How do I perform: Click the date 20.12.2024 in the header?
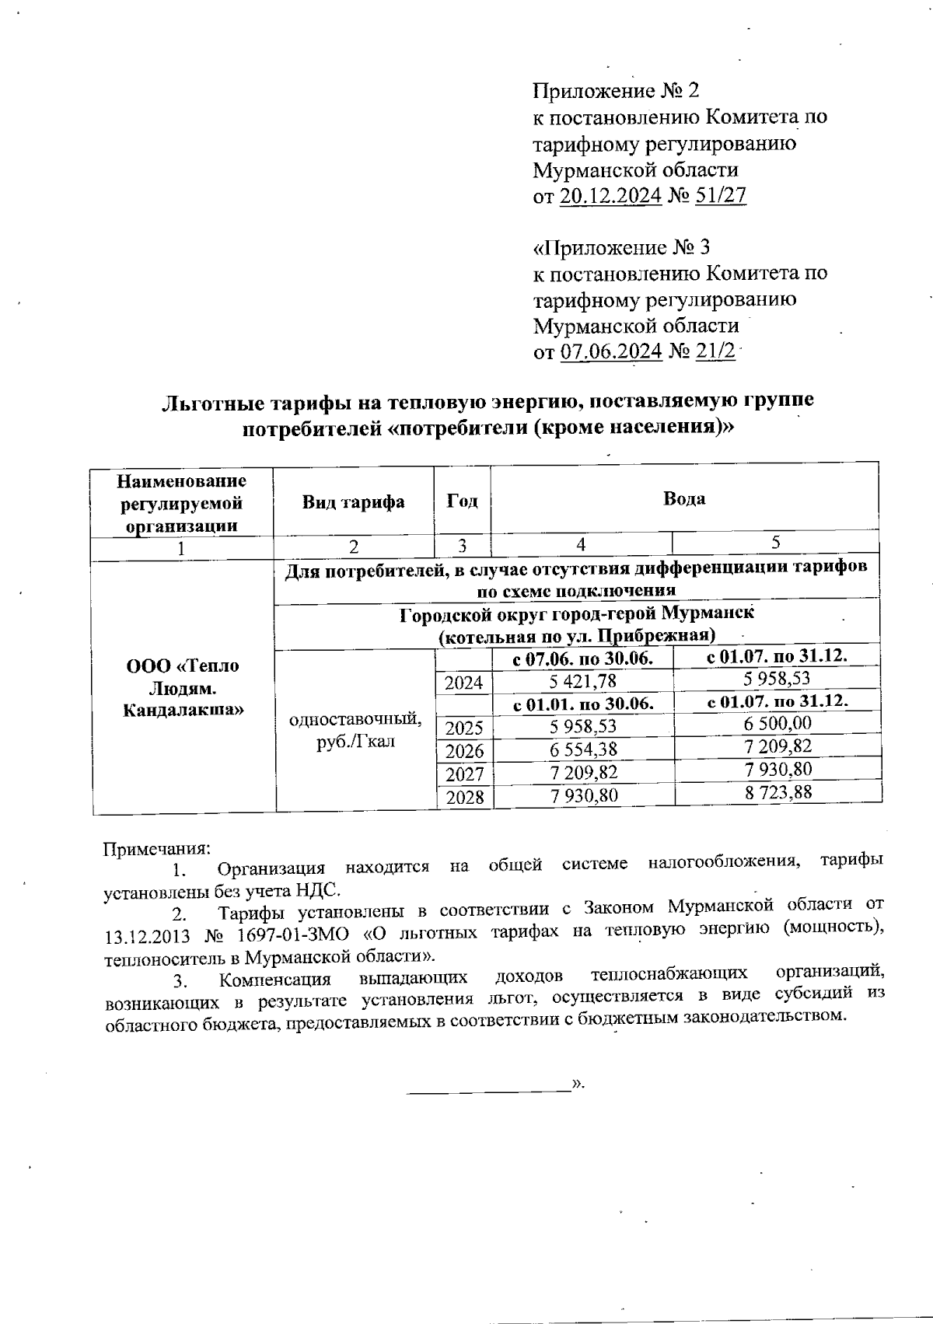point(610,195)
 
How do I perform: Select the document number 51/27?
point(721,195)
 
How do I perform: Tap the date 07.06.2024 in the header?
point(611,352)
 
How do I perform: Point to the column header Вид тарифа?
point(354,502)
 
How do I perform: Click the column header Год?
point(462,502)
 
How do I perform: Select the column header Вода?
point(684,498)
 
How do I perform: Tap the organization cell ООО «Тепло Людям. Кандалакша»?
point(183,687)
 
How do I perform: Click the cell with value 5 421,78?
point(582,682)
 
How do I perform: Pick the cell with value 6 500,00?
point(777,724)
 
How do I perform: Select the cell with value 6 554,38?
point(582,750)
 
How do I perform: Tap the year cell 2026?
point(464,751)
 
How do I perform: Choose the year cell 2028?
point(464,797)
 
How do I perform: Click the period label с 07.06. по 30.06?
point(582,660)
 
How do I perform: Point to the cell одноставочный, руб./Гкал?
point(355,730)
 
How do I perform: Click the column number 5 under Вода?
point(776,542)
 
